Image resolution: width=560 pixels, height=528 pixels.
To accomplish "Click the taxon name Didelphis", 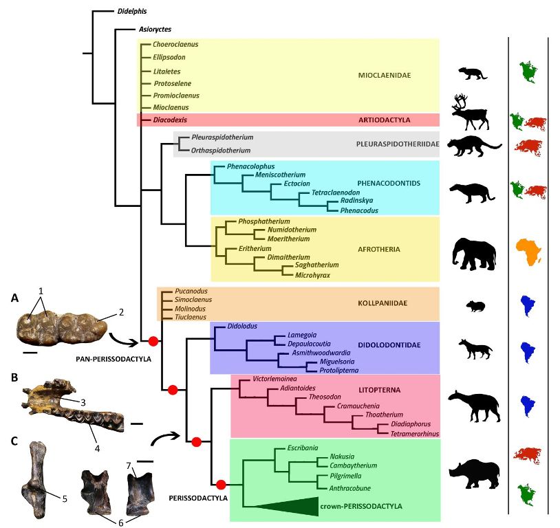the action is [x=132, y=12].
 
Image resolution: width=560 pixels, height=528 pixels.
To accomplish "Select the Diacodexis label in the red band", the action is [x=170, y=120].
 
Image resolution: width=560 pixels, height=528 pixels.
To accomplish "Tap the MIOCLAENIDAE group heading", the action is [x=385, y=76].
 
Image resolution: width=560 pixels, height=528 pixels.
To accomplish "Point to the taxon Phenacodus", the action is [x=359, y=210].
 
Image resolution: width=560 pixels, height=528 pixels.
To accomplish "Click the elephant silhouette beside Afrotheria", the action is [x=474, y=254].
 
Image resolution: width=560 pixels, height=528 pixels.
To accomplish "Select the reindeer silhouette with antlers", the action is [x=470, y=112].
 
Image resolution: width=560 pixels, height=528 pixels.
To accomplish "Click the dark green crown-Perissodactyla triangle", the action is [x=286, y=506].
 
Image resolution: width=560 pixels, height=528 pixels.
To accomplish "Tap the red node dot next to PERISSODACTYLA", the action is [x=221, y=485].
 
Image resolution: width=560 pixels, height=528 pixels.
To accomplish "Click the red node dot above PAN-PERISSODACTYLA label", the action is [x=153, y=341].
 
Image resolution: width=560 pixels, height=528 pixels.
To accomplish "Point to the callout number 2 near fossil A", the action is [x=122, y=312].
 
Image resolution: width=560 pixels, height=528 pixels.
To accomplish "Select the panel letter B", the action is [x=14, y=377].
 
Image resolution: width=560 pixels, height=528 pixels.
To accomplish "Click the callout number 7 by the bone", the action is [x=129, y=465].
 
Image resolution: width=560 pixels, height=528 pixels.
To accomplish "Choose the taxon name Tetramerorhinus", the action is [x=414, y=434].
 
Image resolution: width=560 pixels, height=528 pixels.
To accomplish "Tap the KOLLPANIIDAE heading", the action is [x=383, y=303].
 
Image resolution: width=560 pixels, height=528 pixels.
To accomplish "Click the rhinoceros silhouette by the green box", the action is [x=474, y=474].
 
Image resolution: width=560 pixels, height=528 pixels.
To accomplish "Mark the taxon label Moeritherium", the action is [x=288, y=239].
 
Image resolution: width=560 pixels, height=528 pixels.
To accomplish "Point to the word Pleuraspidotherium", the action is [x=222, y=137].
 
